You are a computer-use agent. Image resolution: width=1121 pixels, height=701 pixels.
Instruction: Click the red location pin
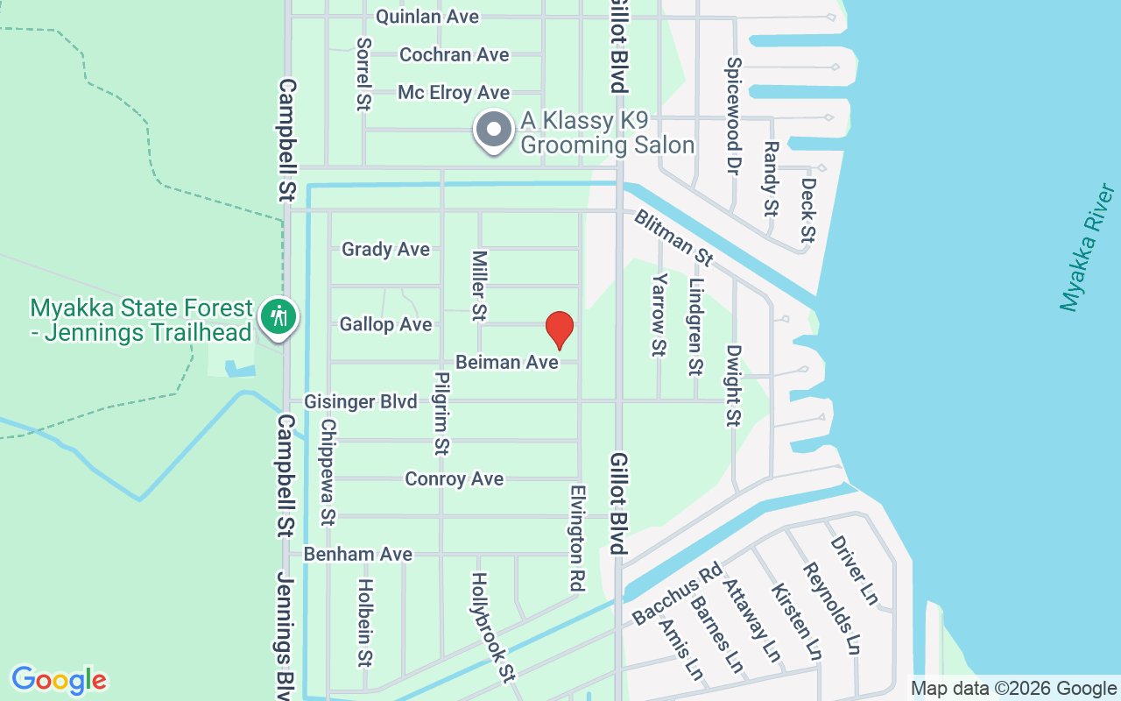pos(559,329)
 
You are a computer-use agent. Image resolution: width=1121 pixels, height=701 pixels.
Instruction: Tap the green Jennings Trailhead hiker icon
pos(279,315)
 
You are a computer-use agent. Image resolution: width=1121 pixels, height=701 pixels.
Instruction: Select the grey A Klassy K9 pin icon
pos(494,130)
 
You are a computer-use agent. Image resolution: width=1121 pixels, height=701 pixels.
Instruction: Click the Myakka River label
pos(1088,248)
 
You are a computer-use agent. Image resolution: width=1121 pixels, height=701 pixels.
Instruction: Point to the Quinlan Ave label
pos(427,17)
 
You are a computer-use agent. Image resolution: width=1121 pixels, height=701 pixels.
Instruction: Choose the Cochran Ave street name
pos(454,54)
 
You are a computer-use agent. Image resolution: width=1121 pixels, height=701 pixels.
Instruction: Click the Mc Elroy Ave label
pos(454,92)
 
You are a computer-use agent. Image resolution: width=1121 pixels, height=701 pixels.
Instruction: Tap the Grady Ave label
pos(385,249)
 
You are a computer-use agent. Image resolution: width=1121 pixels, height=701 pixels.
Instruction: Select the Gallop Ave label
pos(385,324)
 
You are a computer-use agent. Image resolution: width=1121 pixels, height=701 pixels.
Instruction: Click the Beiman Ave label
pos(507,362)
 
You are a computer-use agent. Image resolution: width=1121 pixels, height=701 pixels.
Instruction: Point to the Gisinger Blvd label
pos(360,401)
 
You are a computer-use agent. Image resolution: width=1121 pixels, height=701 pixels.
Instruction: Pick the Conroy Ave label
pos(454,478)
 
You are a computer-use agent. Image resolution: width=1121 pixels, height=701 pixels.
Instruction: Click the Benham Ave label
pos(357,554)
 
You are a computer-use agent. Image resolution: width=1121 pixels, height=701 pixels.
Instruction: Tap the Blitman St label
pos(673,237)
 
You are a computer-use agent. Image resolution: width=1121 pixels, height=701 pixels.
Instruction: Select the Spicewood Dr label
pos(734,116)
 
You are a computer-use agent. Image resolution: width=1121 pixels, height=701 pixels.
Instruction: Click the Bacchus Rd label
pos(676,594)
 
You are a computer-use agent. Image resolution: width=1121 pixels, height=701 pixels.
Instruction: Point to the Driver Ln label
pos(853,570)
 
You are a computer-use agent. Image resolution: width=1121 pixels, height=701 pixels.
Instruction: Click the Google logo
pos(59,680)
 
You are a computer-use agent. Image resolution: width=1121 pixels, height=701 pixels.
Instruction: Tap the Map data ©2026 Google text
pos(1013,689)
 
